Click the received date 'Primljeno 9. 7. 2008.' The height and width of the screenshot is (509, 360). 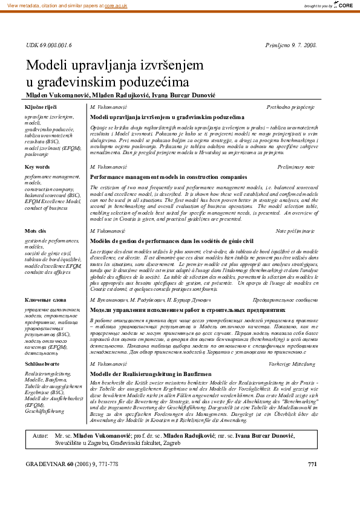click(291, 45)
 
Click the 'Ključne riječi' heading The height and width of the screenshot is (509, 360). click(40, 106)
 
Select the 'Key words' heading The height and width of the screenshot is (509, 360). click(37, 166)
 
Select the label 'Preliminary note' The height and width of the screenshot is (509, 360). click(296, 166)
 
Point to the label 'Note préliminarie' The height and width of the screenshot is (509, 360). click(295, 231)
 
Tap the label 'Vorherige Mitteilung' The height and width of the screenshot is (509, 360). click(292, 365)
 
